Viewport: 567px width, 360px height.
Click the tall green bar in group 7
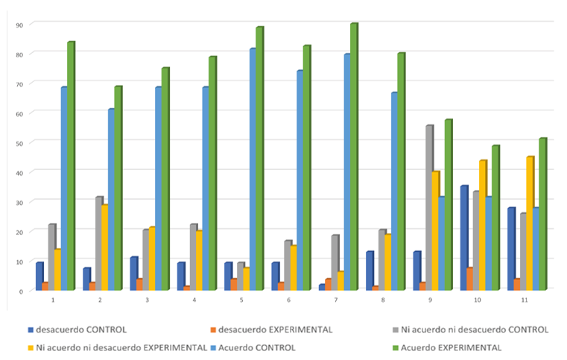353,157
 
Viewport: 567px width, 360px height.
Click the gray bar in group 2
98,243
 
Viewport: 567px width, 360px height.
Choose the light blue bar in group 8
394,191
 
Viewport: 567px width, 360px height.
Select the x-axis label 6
288,300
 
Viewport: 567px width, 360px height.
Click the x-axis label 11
524,300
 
